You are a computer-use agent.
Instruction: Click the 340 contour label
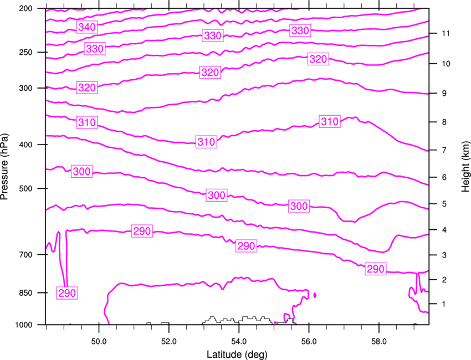(x=87, y=27)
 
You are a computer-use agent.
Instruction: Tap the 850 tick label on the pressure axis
(x=25, y=293)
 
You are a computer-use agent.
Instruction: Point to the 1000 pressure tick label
(x=23, y=325)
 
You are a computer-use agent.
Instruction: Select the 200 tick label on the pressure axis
(x=25, y=8)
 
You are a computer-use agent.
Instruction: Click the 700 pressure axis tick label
(x=25, y=255)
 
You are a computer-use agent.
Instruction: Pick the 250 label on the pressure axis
(x=25, y=52)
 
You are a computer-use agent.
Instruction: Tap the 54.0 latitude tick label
(x=239, y=342)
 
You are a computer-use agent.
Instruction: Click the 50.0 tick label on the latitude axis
(x=99, y=342)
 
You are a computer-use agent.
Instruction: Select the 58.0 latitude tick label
(x=379, y=342)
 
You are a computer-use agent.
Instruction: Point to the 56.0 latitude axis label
(x=309, y=342)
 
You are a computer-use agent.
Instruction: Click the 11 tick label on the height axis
(x=446, y=33)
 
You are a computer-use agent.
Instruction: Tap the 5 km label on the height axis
(x=444, y=204)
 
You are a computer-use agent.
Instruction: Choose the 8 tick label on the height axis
(x=444, y=122)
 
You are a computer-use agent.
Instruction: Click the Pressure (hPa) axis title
(x=4, y=167)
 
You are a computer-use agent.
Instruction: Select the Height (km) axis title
(x=465, y=167)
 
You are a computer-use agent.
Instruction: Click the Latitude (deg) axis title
(x=237, y=354)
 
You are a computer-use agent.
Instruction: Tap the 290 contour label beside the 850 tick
(x=67, y=293)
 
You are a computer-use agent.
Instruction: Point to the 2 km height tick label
(x=444, y=280)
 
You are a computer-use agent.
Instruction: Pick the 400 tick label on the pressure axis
(x=25, y=145)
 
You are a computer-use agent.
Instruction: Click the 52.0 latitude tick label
(x=169, y=342)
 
